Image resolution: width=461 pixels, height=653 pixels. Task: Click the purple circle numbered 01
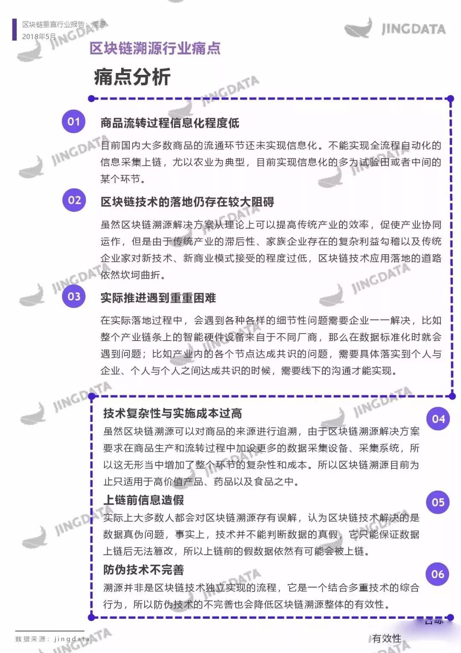click(73, 121)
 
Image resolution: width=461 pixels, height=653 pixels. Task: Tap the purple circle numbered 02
click(74, 200)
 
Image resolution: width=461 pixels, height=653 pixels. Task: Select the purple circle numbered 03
click(74, 296)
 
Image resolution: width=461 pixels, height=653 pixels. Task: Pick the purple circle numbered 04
click(438, 419)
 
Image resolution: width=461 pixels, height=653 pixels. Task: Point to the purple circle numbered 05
click(438, 502)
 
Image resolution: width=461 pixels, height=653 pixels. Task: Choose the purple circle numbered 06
click(438, 574)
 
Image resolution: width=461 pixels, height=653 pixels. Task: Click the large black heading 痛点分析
click(132, 77)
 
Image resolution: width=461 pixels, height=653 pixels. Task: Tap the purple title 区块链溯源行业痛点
click(155, 48)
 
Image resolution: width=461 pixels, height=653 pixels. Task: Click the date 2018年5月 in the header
click(39, 37)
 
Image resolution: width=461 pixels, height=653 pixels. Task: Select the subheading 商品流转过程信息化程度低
click(169, 123)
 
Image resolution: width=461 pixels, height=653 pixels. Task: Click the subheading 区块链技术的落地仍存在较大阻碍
click(187, 202)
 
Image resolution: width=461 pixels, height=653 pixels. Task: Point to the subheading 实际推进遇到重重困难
click(158, 298)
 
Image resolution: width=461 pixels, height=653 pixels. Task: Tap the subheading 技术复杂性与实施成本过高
click(172, 413)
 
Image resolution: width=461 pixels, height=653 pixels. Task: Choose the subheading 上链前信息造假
click(143, 500)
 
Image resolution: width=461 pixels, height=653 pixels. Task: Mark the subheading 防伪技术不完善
click(143, 570)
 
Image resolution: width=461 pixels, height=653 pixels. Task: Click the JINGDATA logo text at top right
click(413, 29)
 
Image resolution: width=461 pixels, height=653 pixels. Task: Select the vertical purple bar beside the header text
click(15, 29)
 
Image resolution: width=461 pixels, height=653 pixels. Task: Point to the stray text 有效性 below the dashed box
click(387, 638)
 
